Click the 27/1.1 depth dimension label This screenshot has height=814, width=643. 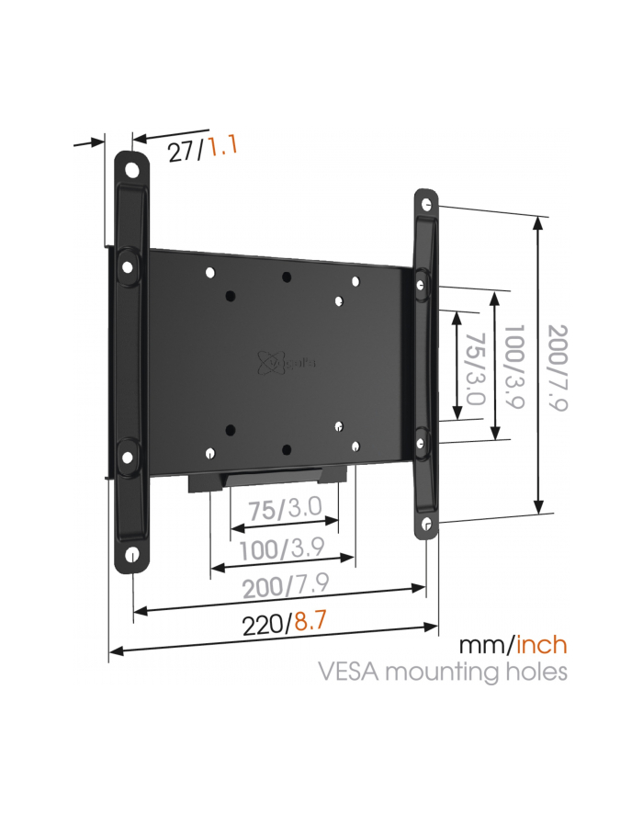point(202,148)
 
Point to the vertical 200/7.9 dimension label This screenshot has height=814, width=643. point(558,368)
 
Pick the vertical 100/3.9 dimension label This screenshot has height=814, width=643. point(514,367)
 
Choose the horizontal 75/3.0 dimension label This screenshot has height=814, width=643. point(285,509)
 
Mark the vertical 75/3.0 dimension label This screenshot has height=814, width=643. point(475,368)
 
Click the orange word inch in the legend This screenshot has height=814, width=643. point(541,645)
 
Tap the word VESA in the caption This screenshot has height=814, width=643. point(350,672)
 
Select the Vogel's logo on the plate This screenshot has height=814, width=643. point(286,362)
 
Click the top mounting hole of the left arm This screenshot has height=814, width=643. point(132,169)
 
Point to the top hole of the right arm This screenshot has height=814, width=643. point(426,204)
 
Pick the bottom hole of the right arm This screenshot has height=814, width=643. point(426,524)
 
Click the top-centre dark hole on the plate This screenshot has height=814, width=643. point(287,277)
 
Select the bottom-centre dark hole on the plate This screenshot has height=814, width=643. point(287,449)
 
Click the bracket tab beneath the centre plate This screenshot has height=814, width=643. point(267,478)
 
